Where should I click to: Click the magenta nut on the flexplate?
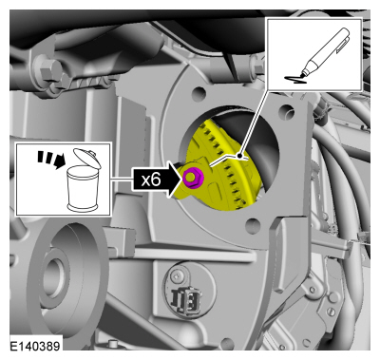tap(191, 179)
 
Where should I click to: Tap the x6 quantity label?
tap(151, 180)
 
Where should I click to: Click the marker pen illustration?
tap(322, 53)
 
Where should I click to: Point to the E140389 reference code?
tap(35, 346)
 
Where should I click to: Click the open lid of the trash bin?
tap(86, 157)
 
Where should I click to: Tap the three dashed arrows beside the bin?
tap(50, 159)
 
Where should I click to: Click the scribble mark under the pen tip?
tap(295, 80)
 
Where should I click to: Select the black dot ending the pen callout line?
tap(240, 156)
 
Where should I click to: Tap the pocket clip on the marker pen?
tap(343, 44)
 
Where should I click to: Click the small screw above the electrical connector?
tap(177, 276)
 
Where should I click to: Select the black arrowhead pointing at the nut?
tap(174, 180)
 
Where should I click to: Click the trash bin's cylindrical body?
tap(83, 190)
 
